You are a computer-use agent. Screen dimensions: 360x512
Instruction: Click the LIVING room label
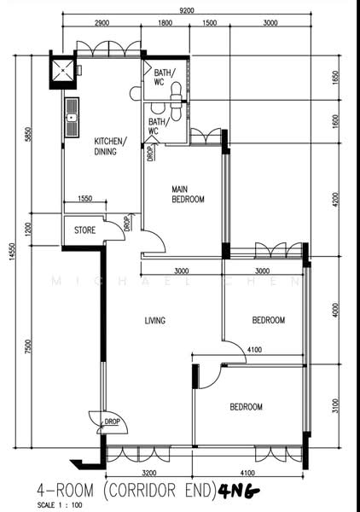[x=155, y=321]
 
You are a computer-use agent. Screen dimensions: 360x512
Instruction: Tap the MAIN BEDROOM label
[x=188, y=195]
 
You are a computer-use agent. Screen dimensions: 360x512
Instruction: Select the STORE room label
[x=84, y=230]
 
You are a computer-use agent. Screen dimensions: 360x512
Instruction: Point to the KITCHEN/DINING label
[x=111, y=146]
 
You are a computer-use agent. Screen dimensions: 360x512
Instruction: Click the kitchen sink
[x=72, y=118]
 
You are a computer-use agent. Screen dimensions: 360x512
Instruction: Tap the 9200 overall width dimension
[x=187, y=10]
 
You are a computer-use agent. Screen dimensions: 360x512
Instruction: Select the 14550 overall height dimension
[x=12, y=252]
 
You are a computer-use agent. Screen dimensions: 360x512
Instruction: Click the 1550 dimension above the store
[x=84, y=198]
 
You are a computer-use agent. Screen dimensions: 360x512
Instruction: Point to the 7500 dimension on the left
[x=29, y=346]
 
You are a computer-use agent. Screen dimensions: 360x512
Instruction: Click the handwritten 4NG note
[x=239, y=490]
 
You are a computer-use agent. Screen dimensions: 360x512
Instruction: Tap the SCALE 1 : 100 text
[x=60, y=505]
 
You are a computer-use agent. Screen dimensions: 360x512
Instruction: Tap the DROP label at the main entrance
[x=112, y=422]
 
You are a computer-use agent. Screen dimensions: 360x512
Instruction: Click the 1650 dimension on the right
[x=336, y=78]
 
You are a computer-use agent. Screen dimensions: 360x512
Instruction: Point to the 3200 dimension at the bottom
[x=149, y=473]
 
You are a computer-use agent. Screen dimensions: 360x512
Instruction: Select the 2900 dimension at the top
[x=102, y=23]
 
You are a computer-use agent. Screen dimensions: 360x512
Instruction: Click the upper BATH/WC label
[x=164, y=77]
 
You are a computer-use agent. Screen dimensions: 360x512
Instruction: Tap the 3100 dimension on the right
[x=336, y=405]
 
